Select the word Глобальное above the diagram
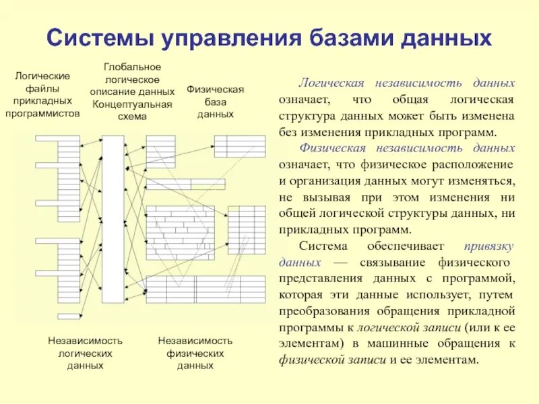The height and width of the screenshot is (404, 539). pyautogui.click(x=132, y=67)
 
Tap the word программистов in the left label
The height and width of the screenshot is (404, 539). pyautogui.click(x=42, y=113)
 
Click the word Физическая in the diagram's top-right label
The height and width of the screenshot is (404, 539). pyautogui.click(x=215, y=90)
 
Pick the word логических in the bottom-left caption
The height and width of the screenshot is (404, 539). pyautogui.click(x=85, y=353)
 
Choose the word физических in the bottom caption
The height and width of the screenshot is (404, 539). pyautogui.click(x=195, y=353)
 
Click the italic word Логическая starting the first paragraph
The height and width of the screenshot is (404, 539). pyautogui.click(x=332, y=83)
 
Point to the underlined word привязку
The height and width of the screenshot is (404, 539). pyautogui.click(x=490, y=246)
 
